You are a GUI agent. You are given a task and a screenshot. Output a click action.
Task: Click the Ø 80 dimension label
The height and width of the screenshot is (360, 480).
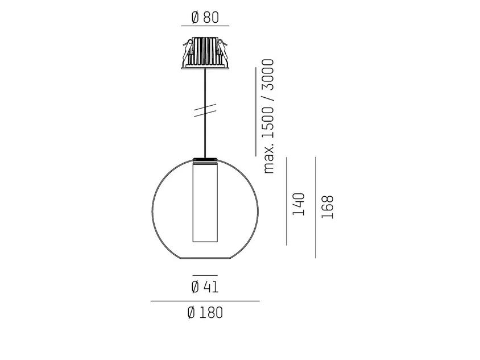pos(205,17)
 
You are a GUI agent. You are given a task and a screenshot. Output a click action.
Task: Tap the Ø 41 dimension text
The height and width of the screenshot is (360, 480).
pos(205,287)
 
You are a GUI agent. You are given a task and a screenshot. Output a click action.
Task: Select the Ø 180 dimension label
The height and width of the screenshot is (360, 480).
pos(205,313)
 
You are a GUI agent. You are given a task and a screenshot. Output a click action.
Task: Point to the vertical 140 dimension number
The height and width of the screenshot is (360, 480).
pos(299,204)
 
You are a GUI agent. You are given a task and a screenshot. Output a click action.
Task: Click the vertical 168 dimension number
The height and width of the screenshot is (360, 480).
pos(328,207)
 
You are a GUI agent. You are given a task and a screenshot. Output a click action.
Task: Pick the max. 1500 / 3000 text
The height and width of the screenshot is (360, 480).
pos(268,117)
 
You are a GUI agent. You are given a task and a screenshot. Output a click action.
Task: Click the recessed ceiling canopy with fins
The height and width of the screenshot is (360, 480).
pos(205,53)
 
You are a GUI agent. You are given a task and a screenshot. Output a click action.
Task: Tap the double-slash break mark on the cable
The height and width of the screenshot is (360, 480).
pos(205,110)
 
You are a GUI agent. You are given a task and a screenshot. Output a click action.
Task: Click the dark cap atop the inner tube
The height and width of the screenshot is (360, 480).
pos(205,160)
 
